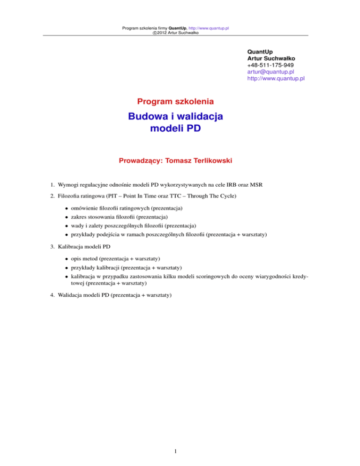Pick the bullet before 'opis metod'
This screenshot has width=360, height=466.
(67, 259)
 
